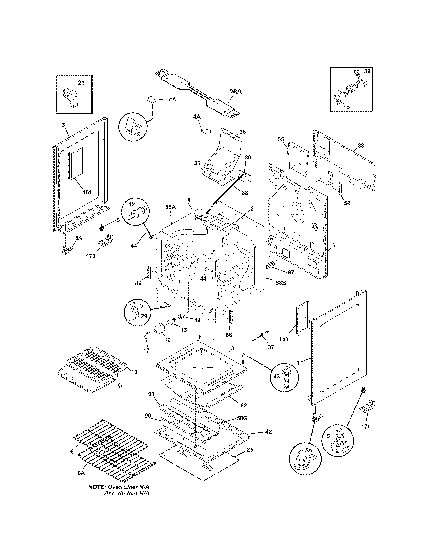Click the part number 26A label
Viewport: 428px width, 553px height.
click(236, 92)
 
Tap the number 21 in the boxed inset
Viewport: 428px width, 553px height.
click(81, 82)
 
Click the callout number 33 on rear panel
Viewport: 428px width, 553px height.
click(361, 145)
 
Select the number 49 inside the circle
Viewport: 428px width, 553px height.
click(137, 134)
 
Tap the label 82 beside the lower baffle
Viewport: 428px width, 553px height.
click(243, 405)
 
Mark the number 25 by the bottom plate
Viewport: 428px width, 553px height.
click(250, 450)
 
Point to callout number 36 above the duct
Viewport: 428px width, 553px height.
click(242, 132)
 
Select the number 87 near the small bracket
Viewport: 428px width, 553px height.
click(291, 272)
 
